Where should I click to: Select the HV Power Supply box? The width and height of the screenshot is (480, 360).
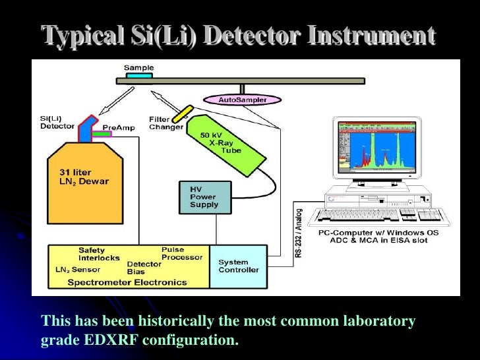pos(205,196)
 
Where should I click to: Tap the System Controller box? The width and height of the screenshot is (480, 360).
pos(238,266)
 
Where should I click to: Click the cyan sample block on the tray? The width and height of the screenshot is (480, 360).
pos(139,76)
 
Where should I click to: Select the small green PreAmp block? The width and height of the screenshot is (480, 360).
pos(102,134)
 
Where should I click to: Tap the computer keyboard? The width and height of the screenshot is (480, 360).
pos(382,216)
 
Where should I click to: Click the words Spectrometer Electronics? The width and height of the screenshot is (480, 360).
pos(128,282)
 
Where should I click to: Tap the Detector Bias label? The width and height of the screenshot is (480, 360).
pos(144,268)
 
